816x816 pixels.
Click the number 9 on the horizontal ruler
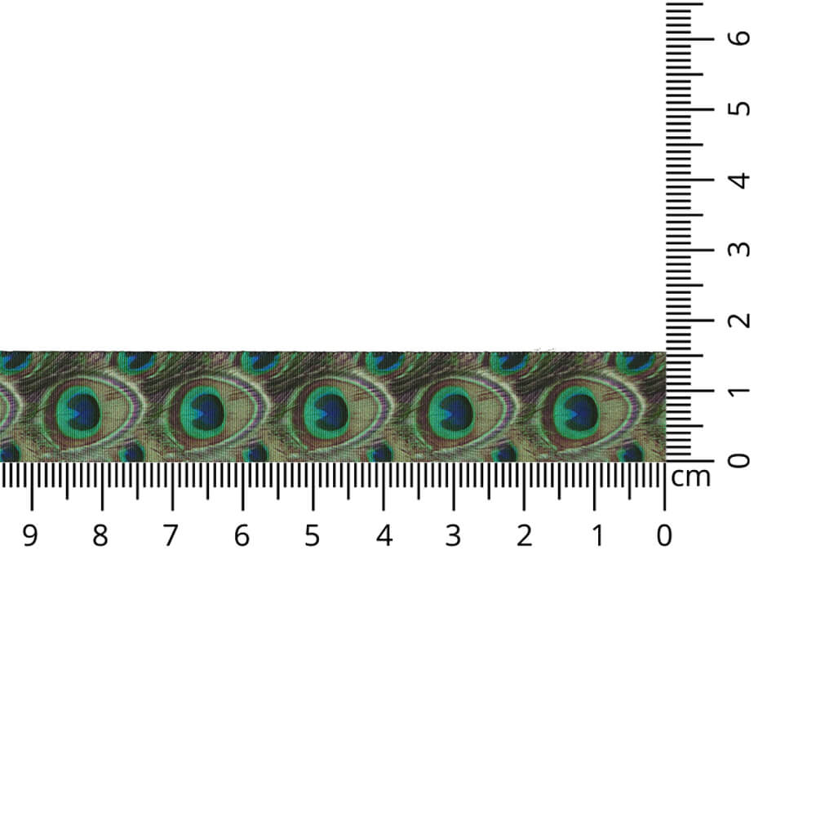point(30,535)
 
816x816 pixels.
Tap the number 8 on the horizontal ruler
point(100,535)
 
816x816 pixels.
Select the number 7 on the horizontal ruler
point(171,535)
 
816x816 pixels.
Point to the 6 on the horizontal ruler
point(242,535)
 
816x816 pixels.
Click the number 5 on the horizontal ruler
point(312,535)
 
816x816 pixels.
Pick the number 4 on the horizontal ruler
point(384,535)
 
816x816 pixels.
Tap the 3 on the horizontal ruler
point(453,535)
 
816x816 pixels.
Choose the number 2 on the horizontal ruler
point(524,535)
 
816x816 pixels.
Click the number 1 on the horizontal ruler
point(598,535)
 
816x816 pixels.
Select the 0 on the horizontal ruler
point(664,535)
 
